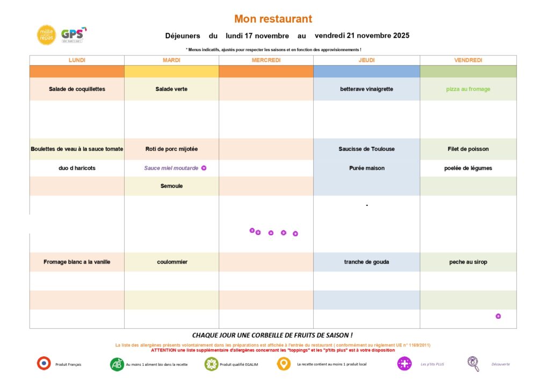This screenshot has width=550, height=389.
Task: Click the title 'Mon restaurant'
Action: click(x=273, y=19)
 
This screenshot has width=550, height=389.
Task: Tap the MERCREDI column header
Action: click(x=266, y=60)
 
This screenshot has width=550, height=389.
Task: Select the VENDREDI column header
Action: click(x=468, y=60)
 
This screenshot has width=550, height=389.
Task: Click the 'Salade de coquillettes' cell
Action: click(x=77, y=89)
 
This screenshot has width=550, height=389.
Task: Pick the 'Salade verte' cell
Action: click(x=171, y=89)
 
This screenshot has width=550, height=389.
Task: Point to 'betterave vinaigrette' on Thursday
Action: click(x=366, y=89)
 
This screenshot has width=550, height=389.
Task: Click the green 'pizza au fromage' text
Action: click(x=468, y=89)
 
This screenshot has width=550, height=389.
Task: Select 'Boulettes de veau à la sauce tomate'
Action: click(x=77, y=149)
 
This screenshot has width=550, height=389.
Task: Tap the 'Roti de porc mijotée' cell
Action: click(x=171, y=149)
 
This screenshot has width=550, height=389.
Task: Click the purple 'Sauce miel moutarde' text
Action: click(x=171, y=168)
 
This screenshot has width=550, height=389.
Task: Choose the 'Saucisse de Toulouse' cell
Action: click(x=366, y=149)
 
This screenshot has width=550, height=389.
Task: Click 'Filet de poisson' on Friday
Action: click(x=468, y=149)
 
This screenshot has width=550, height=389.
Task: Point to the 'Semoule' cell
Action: click(x=171, y=186)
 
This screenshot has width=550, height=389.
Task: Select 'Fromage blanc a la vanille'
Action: click(x=77, y=262)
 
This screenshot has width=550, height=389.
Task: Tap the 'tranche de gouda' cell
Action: click(x=366, y=262)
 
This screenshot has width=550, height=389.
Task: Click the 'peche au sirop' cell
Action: click(x=468, y=262)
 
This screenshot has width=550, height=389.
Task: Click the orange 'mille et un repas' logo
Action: click(x=46, y=35)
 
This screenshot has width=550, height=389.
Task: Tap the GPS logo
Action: click(x=73, y=35)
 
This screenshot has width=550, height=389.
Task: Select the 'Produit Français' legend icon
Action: click(x=44, y=364)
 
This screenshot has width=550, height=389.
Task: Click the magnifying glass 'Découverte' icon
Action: click(x=473, y=364)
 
